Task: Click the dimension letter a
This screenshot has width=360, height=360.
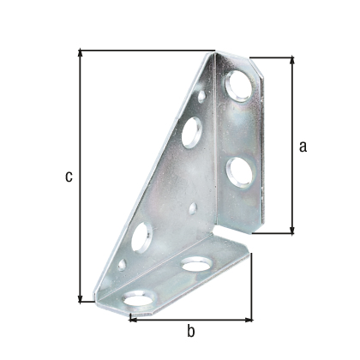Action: pos(303,147)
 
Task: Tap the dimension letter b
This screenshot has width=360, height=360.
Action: pos(191,332)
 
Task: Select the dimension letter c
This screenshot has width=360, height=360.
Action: pos(69,177)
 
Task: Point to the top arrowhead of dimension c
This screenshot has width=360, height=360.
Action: pos(81,52)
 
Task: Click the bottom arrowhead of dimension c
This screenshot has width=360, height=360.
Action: pos(81,299)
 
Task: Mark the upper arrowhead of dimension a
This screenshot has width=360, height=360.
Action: pos(291,60)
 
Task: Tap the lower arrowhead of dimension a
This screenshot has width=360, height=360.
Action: pos(291,231)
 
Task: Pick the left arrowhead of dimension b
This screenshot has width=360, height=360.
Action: pos(133,320)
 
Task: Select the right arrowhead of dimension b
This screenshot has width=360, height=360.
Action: pos(249,320)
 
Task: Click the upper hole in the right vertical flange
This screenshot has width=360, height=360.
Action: pos(239,86)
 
